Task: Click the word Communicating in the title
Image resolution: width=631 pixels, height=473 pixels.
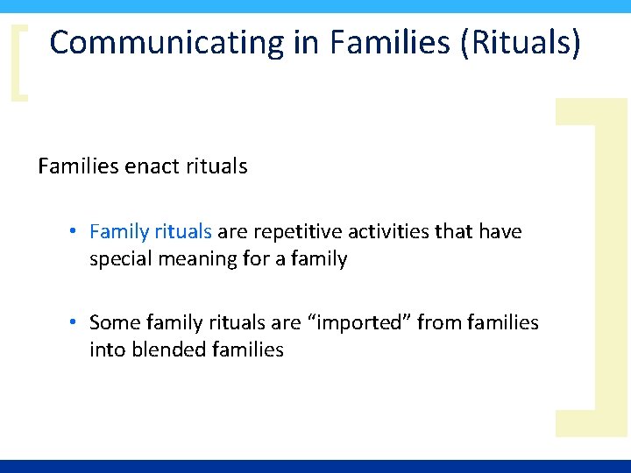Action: coord(167,43)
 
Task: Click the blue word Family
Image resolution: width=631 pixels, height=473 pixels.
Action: coord(119,232)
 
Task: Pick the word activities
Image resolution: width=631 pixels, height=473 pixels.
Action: coord(388,232)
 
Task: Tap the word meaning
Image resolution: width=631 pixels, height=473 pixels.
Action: coord(191,259)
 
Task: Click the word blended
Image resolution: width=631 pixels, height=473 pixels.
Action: coord(169,350)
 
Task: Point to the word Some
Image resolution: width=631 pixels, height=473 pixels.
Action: coord(115,323)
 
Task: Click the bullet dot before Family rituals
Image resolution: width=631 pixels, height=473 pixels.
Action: coord(77,232)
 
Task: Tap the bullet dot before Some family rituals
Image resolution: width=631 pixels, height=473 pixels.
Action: coord(77,323)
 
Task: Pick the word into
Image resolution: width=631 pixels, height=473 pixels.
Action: coord(104,350)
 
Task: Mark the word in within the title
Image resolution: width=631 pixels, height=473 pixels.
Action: coord(306,43)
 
